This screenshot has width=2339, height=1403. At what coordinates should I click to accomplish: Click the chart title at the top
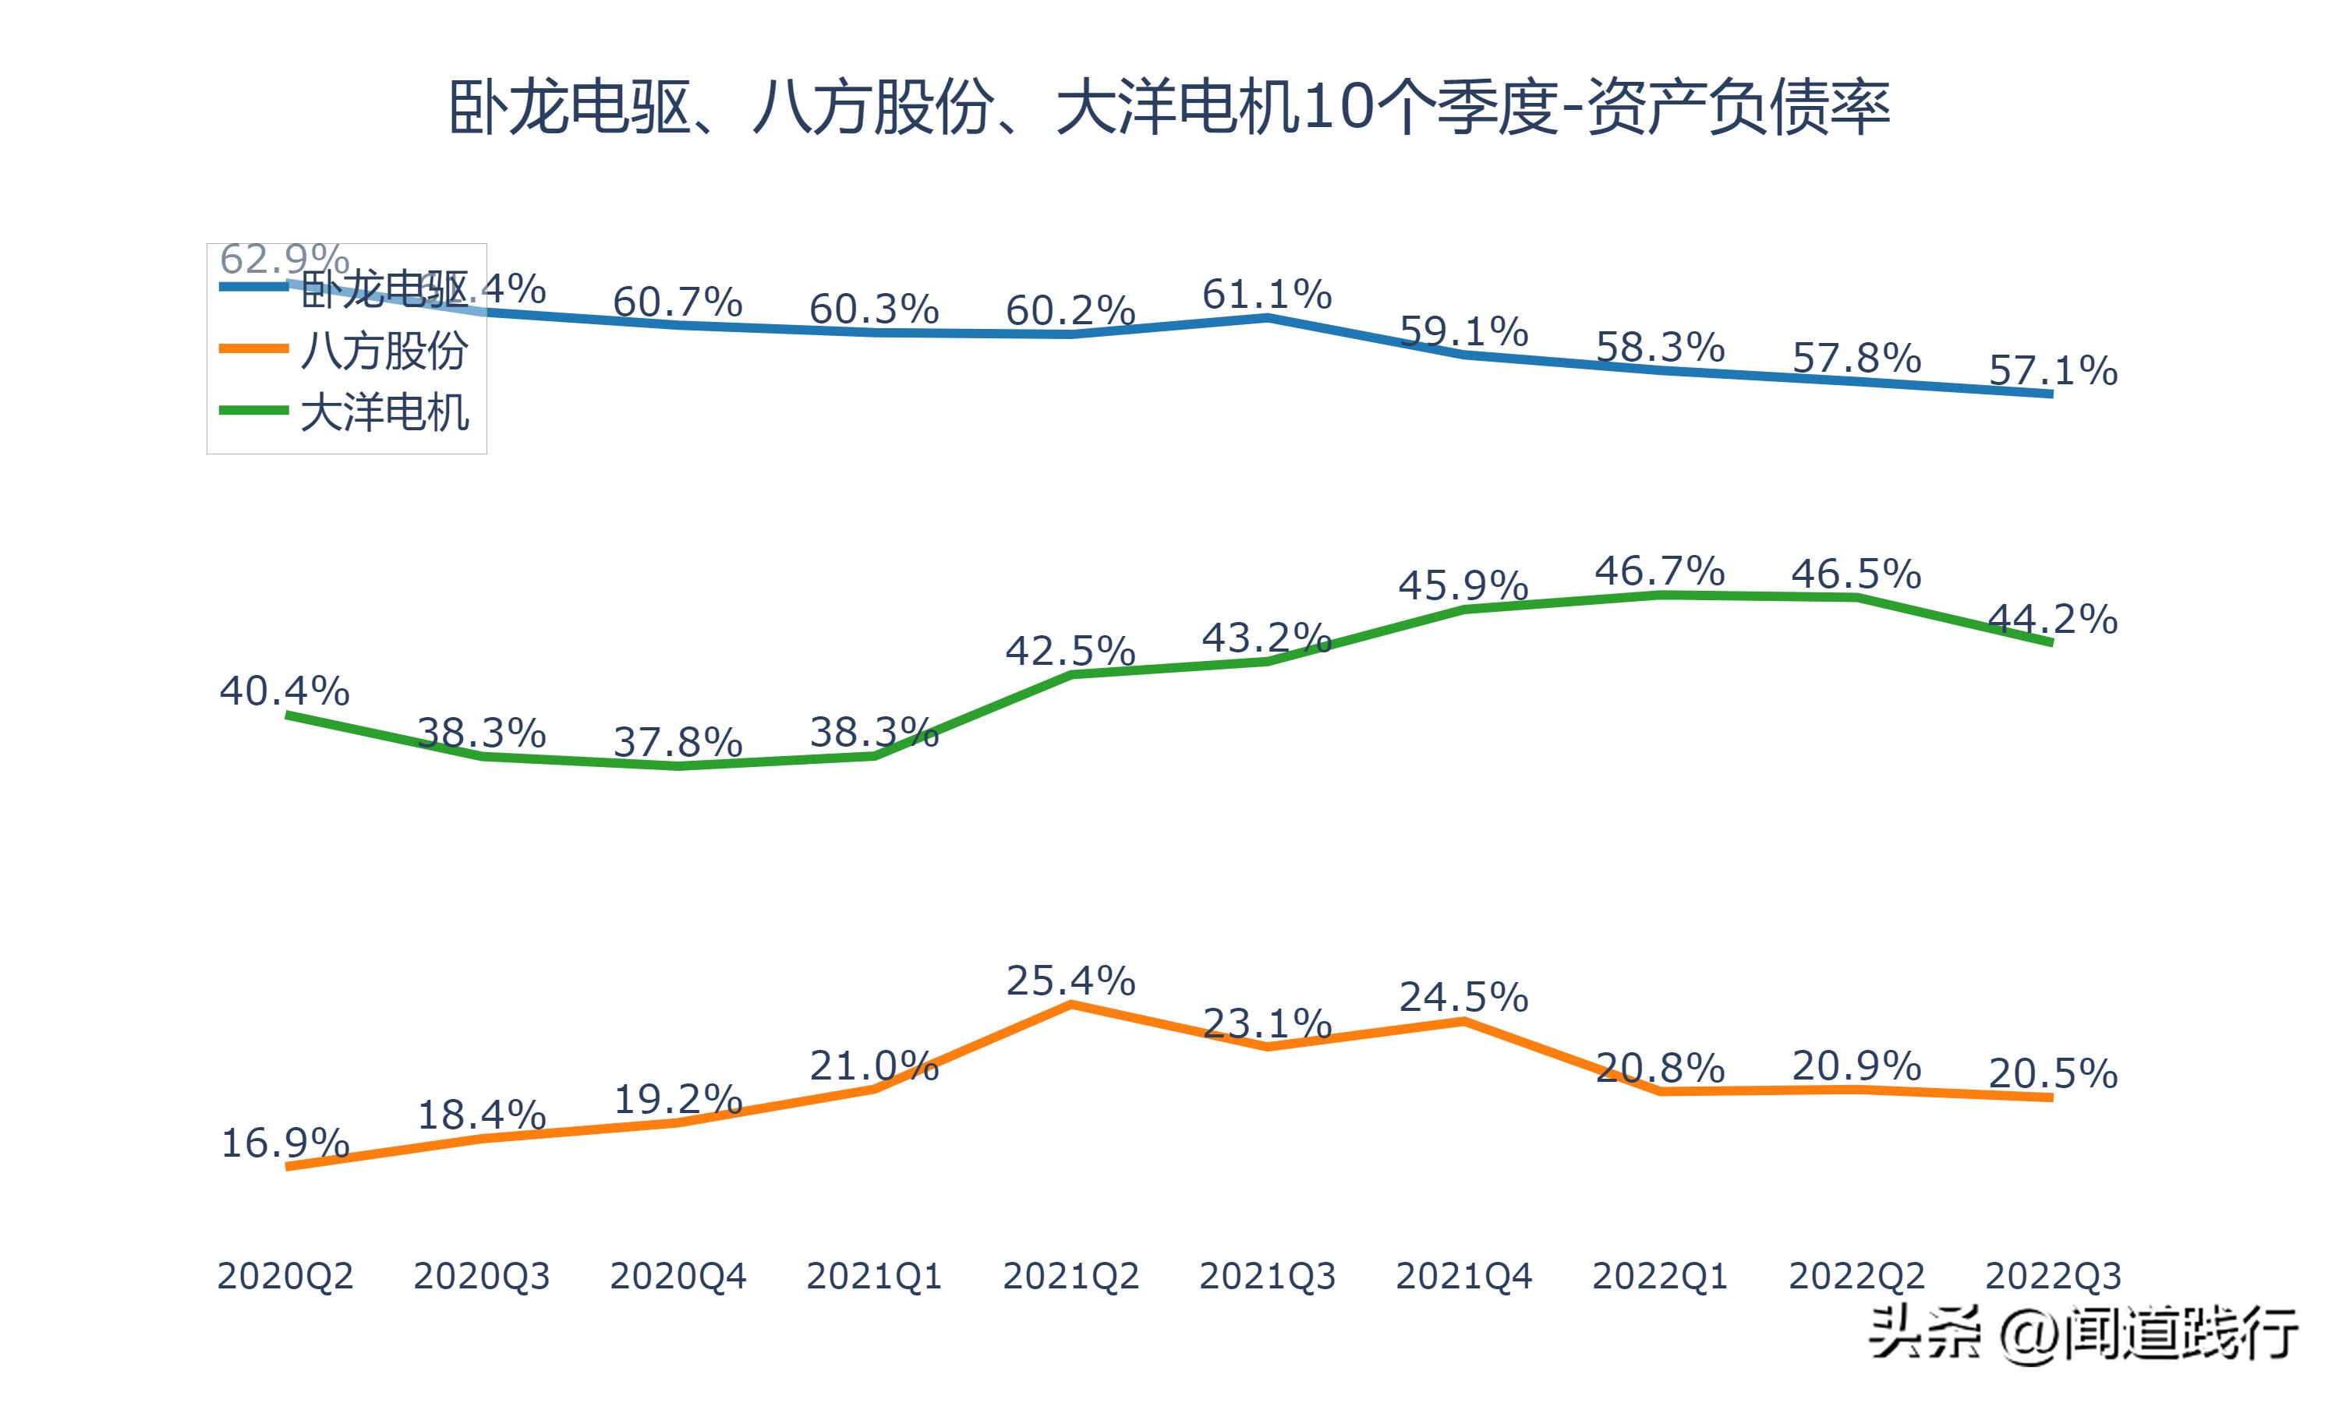coord(1169,107)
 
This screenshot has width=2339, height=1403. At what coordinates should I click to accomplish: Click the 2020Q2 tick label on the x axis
coord(285,1276)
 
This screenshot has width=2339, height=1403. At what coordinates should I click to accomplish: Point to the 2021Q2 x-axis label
coord(1070,1276)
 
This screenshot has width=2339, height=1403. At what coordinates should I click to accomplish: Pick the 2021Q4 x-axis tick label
coord(1463,1276)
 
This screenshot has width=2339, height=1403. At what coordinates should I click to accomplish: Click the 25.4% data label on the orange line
coord(1070,981)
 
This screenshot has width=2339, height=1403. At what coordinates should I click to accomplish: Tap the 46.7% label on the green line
coord(1659,571)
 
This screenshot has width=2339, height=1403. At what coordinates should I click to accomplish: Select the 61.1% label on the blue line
coord(1267,295)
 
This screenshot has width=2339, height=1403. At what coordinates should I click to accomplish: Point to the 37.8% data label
coord(678,742)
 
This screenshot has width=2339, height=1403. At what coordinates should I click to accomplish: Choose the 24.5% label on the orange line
coord(1463,998)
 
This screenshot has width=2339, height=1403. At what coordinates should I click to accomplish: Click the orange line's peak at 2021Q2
coord(1070,1004)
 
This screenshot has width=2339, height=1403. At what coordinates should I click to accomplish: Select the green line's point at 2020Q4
coord(678,765)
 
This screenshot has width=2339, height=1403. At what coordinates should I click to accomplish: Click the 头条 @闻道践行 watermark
coord(2082,1334)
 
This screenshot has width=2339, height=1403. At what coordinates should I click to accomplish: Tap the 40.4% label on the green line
coord(285,691)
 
